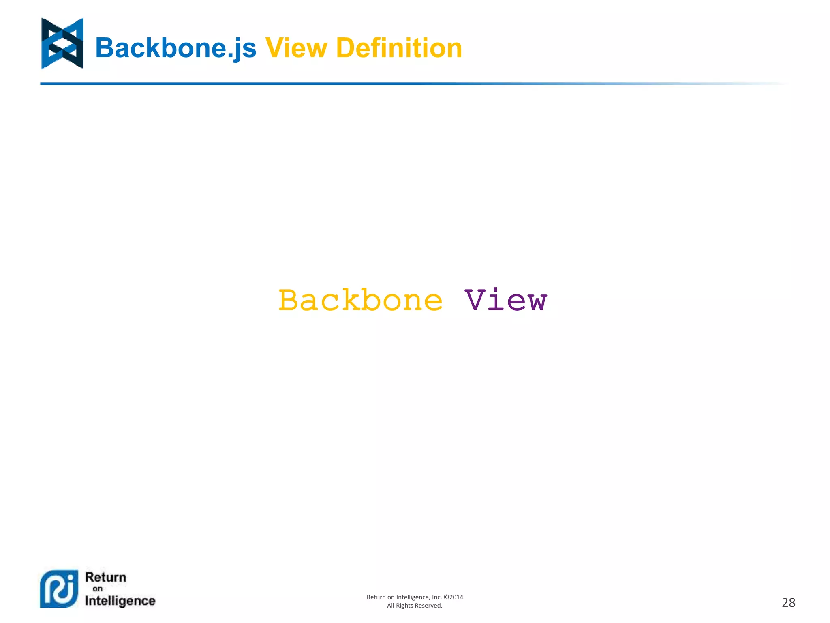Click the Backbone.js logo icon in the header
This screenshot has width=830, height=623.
(62, 43)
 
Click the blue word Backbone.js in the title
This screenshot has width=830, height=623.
(175, 48)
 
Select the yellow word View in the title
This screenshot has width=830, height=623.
(296, 48)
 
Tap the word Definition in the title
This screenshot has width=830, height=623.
(399, 48)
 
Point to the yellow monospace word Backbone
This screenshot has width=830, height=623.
(360, 301)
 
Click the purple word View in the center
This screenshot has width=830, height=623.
(505, 301)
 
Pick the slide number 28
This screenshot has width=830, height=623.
(788, 603)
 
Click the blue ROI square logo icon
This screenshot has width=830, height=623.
(59, 589)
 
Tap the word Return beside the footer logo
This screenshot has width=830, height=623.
(106, 577)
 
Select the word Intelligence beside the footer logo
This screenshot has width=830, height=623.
(120, 601)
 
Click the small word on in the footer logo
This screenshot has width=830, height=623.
(97, 589)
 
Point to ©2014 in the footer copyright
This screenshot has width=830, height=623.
(454, 597)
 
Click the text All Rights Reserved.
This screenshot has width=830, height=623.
(415, 606)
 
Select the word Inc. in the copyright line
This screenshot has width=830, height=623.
(436, 597)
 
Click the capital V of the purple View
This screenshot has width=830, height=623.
(475, 301)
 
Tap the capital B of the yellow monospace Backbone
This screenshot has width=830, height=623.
(288, 301)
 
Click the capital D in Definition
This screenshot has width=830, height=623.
(346, 48)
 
